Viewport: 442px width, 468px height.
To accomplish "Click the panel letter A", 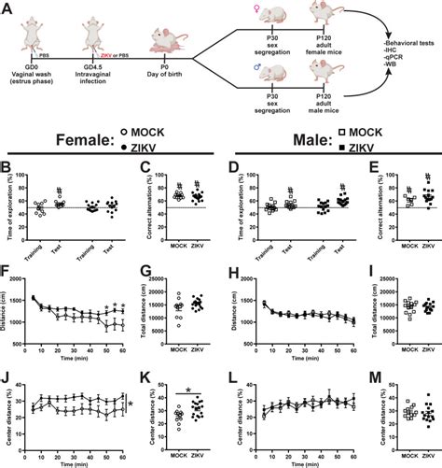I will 7,7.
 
